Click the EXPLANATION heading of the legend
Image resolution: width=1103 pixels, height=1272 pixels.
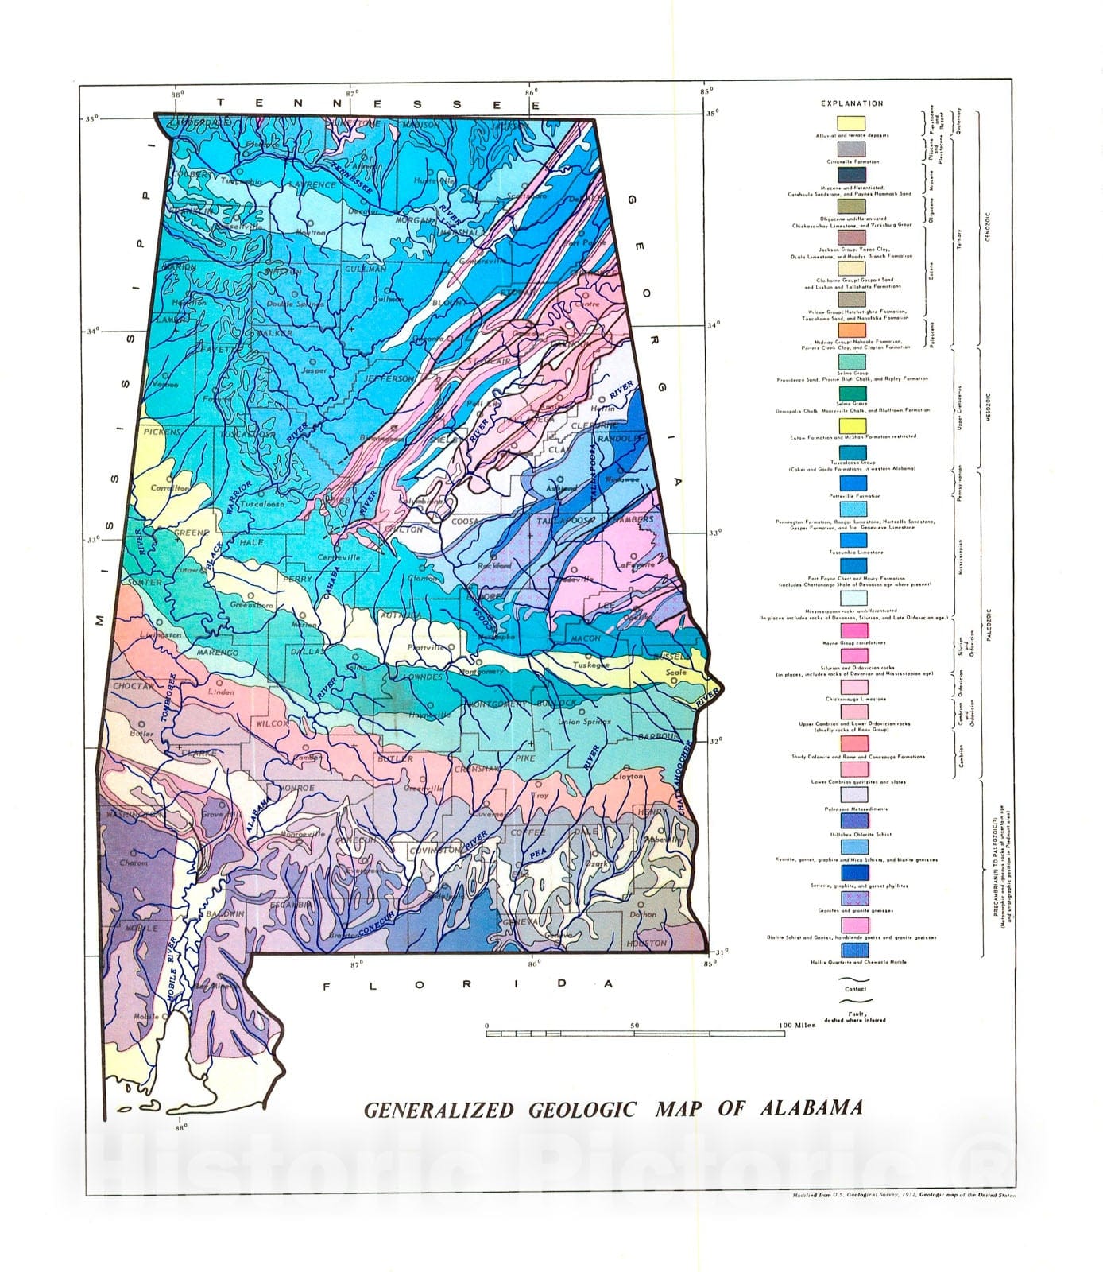coord(852,103)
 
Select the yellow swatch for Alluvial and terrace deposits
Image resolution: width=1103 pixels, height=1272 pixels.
coord(851,123)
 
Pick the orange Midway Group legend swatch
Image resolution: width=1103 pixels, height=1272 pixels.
coord(851,330)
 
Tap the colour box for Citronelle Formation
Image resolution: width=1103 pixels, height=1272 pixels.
coord(851,149)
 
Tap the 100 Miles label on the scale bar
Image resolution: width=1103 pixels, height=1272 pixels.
coord(797,1026)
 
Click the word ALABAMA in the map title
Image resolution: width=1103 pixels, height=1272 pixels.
coord(811,1108)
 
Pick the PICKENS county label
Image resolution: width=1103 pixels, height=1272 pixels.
coord(163,432)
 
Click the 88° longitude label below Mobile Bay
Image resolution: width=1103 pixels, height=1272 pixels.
coord(181,1126)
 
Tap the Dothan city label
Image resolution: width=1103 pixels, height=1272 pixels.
coord(643,914)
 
